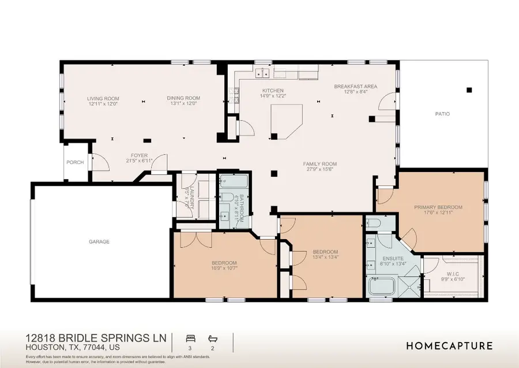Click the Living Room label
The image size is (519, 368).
tap(103, 98)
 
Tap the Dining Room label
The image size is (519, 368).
tap(183, 98)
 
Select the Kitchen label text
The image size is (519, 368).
tap(273, 91)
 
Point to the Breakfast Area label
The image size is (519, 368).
tap(356, 86)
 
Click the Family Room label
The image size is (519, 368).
tap(320, 164)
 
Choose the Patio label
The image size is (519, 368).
tap(442, 114)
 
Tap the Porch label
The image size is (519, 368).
tap(75, 162)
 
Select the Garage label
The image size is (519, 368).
tap(99, 241)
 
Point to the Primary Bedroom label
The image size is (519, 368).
tap(438, 206)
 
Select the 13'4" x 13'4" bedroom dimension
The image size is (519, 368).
tap(325, 258)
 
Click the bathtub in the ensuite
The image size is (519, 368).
tap(382, 286)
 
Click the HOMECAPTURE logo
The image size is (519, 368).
tap(449, 346)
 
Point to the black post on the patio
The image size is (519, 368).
tap(469, 90)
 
